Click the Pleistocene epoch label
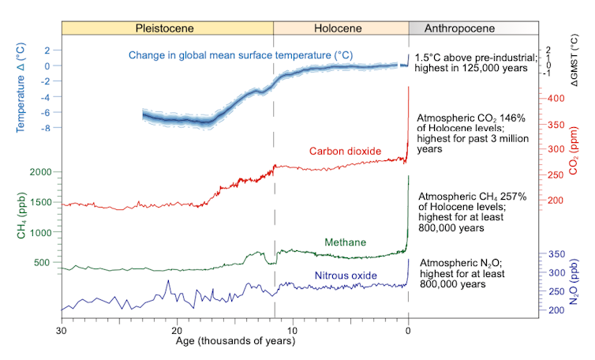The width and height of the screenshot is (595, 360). [x=164, y=28]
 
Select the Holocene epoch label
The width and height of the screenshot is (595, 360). [x=338, y=28]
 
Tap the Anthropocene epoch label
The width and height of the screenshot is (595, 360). [x=459, y=28]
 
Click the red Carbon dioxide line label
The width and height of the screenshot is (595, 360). [x=345, y=152]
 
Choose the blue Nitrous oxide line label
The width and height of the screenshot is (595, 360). [x=346, y=276]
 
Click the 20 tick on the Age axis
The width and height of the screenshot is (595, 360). [x=178, y=330]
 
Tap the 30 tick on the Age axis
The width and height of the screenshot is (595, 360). [x=62, y=330]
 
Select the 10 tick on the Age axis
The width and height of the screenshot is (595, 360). [x=293, y=330]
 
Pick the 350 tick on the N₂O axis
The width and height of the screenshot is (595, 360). [x=556, y=254]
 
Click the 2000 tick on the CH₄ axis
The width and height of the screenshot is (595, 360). [x=39, y=172]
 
